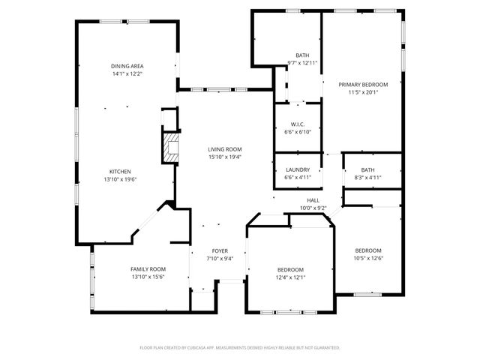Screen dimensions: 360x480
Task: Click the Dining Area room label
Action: click(127, 67)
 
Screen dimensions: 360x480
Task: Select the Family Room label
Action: click(148, 268)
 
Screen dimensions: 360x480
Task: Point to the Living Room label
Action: click(225, 149)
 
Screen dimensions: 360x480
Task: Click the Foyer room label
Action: click(220, 250)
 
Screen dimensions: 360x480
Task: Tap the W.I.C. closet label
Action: click(298, 124)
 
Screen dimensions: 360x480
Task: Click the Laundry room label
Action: click(298, 169)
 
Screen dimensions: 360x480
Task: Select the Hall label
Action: click(313, 200)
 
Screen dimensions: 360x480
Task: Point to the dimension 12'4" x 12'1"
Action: click(290, 277)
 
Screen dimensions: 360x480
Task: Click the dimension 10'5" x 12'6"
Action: click(368, 258)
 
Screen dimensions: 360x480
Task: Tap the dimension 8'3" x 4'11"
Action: click(367, 178)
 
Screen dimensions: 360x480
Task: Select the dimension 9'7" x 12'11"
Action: click(302, 63)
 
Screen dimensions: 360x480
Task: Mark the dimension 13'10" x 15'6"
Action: click(148, 277)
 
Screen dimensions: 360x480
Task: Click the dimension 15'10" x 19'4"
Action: click(225, 157)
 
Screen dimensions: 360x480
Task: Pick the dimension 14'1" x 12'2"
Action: click(127, 74)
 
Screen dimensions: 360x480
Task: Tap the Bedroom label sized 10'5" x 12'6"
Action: click(368, 250)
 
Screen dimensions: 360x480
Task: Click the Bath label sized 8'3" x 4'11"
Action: click(367, 169)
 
